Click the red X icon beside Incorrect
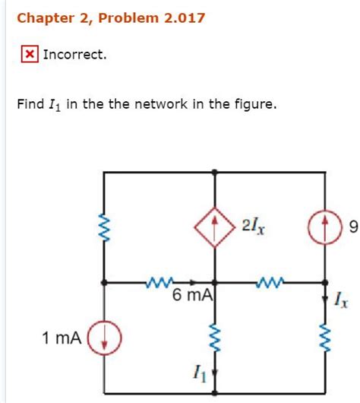coord(29,55)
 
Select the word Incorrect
coord(75,55)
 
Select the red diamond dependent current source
coord(216,226)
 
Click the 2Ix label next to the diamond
coord(254,225)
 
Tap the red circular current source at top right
coord(325,226)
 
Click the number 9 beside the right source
coord(352,227)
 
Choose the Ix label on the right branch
coord(341,302)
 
